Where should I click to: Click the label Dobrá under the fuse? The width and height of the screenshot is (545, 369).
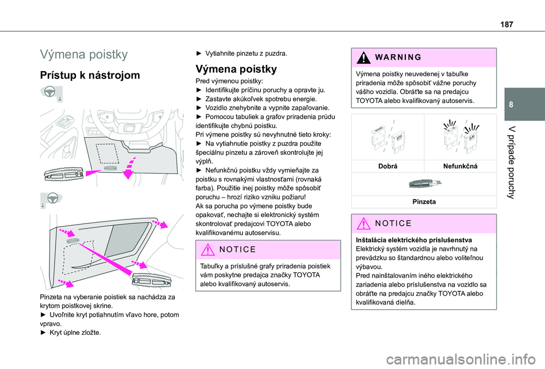tap(388, 165)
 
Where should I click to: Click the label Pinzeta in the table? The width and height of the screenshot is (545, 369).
tap(422, 201)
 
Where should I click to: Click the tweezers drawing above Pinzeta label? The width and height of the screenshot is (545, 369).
tap(422, 183)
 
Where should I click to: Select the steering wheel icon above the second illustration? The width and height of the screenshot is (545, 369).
tap(51, 200)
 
